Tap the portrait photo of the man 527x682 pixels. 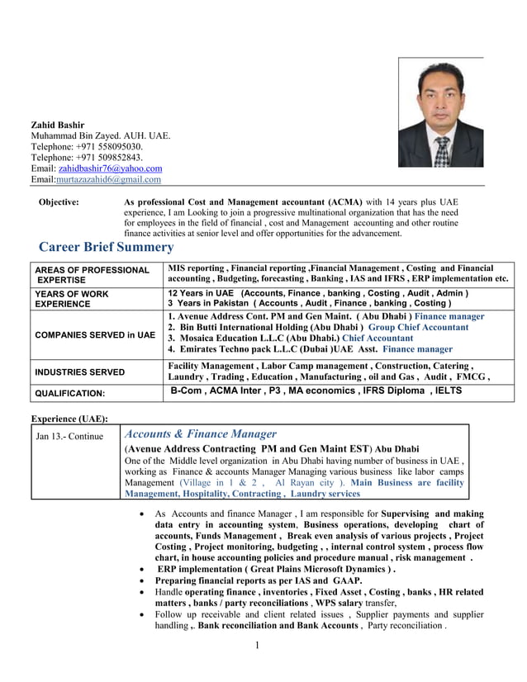click(440, 112)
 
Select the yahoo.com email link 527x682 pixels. click(110, 168)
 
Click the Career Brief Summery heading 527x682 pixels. click(107, 247)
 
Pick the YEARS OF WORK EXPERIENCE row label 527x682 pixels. click(71, 298)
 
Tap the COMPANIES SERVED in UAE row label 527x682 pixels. click(94, 334)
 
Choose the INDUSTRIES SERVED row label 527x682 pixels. click(79, 372)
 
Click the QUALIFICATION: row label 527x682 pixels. click(69, 394)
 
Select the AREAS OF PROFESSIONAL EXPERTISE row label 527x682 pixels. click(91, 275)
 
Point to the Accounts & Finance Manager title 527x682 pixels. click(200, 433)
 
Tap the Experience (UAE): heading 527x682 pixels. click(69, 419)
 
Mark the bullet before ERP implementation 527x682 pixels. click(145, 570)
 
